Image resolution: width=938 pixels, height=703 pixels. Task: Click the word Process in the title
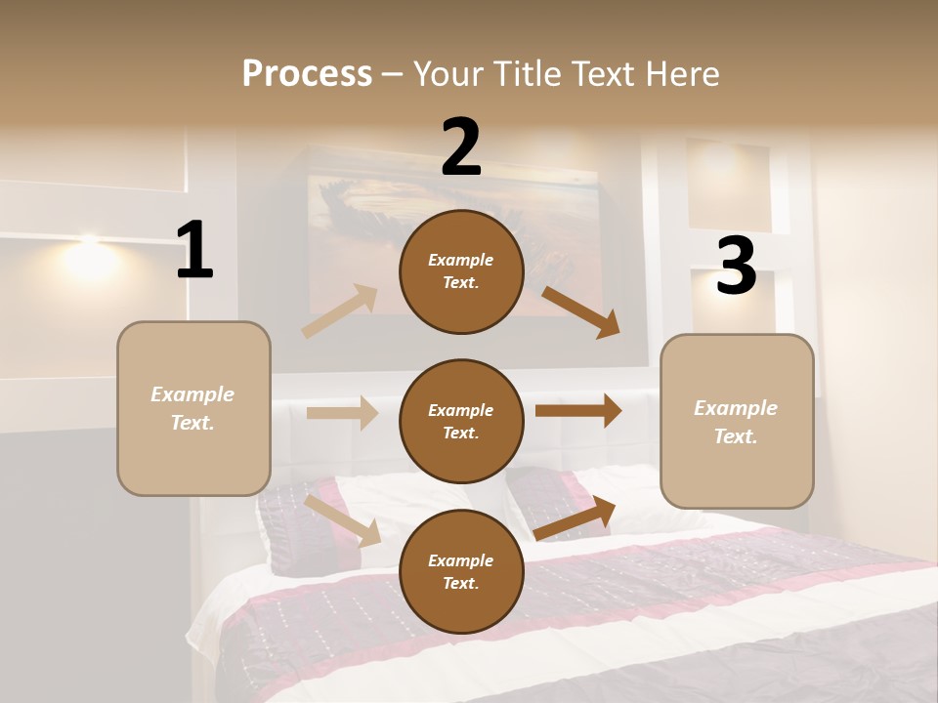307,74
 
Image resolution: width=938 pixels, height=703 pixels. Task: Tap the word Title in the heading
526,74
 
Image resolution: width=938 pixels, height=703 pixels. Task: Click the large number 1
194,251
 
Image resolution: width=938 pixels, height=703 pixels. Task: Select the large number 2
461,147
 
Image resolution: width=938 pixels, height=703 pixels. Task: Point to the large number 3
736,267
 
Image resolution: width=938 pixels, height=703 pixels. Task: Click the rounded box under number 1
193,408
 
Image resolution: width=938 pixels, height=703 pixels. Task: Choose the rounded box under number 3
737,421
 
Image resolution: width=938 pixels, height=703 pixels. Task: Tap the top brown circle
461,271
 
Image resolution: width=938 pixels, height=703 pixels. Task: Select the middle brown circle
461,421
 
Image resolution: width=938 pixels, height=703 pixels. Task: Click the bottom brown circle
461,571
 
